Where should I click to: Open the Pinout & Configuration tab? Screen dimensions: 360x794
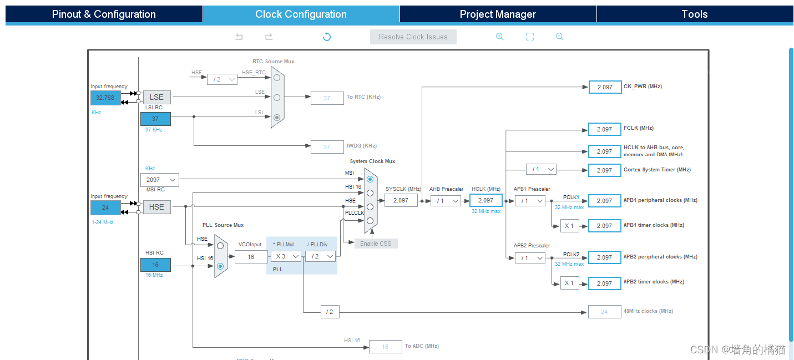pos(104,14)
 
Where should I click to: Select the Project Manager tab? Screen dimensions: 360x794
pos(498,14)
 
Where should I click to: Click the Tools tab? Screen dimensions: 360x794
pos(694,14)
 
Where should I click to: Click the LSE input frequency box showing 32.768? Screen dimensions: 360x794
pos(105,98)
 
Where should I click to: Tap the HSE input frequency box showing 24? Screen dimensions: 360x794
pos(105,207)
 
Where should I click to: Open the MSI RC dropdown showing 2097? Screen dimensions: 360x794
pos(160,180)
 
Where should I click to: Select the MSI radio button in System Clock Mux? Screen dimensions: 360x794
pos(370,179)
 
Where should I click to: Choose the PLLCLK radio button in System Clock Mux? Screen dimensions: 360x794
pos(370,220)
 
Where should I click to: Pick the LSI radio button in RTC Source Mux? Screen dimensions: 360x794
pos(277,117)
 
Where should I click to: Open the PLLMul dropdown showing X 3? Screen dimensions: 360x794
pos(286,256)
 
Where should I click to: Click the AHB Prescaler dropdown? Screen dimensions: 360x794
pos(446,201)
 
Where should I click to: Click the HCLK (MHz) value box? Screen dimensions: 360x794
pos(485,201)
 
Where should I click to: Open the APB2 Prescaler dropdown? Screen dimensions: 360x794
pos(530,258)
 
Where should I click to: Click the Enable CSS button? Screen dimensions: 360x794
pos(376,244)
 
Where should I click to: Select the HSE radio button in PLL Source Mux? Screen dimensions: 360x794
pos(220,245)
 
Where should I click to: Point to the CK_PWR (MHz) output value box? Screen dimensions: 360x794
pos(605,87)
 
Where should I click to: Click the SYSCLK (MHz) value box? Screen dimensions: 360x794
pos(401,201)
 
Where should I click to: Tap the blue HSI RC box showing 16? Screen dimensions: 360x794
pos(155,265)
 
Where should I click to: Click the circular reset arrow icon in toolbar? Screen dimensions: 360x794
pos(327,37)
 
